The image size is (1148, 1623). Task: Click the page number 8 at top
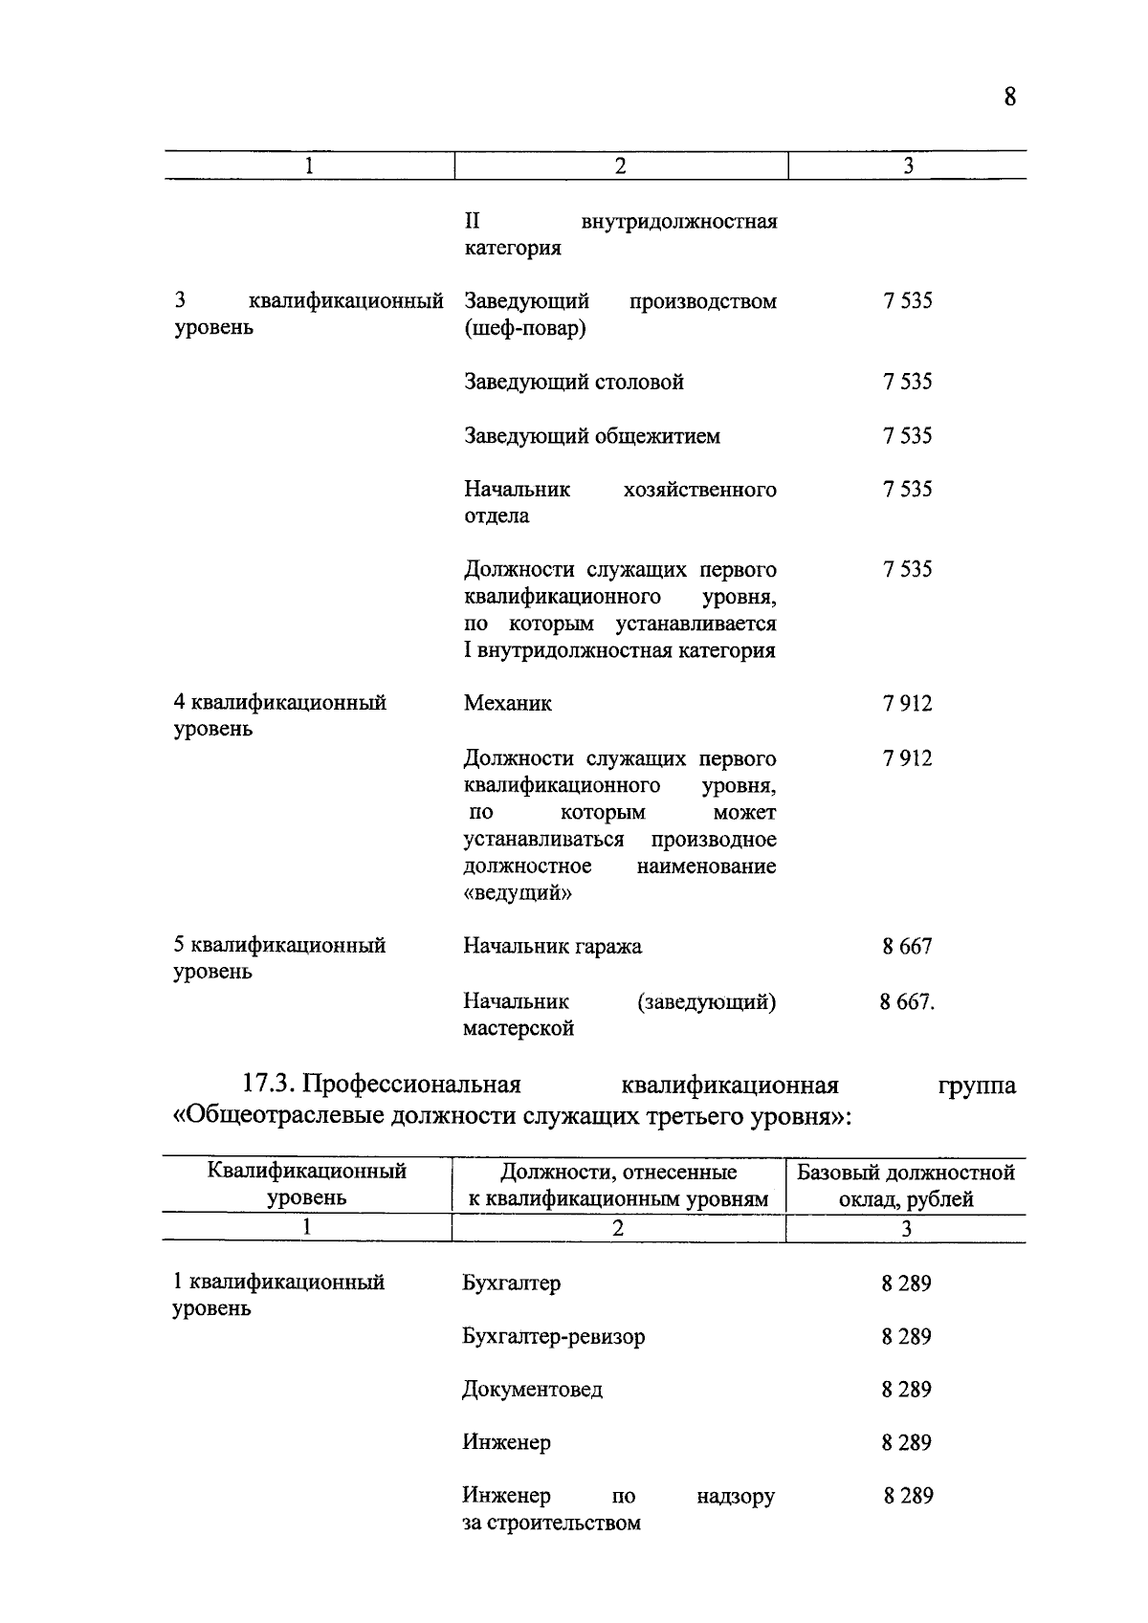click(1010, 98)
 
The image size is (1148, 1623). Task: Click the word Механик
click(507, 704)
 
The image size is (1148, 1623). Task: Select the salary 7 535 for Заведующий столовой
click(907, 383)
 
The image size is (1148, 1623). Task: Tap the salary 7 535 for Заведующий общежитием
click(907, 436)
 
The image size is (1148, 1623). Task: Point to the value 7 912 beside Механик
click(907, 704)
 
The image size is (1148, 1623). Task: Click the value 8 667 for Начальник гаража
click(907, 947)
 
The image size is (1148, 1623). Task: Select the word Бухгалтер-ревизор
click(553, 1337)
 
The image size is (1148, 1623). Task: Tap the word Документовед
click(532, 1390)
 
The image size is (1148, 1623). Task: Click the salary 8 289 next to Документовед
click(906, 1390)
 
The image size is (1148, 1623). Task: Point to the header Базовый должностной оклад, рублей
click(906, 1186)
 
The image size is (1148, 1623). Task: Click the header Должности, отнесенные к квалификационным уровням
click(618, 1186)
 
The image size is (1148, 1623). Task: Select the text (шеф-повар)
click(525, 329)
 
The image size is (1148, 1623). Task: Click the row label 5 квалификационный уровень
click(279, 958)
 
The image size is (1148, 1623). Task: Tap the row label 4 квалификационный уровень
click(279, 715)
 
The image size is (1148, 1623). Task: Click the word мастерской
click(519, 1029)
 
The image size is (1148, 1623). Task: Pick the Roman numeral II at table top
click(472, 222)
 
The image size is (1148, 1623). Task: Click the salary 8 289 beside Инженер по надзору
click(908, 1496)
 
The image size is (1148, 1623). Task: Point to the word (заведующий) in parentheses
click(706, 1002)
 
